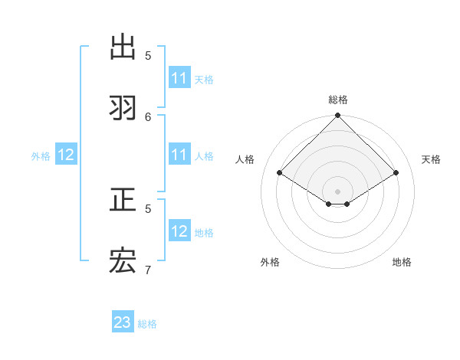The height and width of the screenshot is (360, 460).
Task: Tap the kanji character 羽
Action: (123, 108)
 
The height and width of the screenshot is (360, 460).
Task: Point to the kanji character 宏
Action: (123, 262)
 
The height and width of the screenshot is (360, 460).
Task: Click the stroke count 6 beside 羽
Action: (148, 116)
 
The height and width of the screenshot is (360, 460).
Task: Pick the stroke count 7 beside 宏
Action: (148, 270)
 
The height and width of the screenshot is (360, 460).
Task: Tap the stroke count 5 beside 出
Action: (148, 55)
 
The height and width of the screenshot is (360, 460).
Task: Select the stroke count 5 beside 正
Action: (148, 208)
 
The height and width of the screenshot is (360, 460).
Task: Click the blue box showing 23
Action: (123, 323)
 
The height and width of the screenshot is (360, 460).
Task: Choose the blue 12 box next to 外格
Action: (66, 155)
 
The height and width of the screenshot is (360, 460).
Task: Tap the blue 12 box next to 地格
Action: (179, 231)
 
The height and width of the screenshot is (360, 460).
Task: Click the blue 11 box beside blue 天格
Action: (179, 78)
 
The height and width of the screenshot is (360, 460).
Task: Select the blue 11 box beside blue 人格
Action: (179, 155)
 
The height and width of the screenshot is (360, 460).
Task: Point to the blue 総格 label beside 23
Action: (147, 324)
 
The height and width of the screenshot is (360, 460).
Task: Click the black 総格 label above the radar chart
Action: (338, 100)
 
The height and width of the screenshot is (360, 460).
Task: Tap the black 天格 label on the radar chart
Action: (431, 159)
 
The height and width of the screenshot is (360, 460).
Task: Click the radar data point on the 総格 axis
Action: (338, 116)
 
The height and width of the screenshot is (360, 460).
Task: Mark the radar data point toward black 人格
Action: (280, 173)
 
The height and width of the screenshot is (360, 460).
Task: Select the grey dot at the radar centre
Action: (338, 191)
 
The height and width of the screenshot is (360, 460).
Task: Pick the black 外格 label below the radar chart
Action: (270, 262)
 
